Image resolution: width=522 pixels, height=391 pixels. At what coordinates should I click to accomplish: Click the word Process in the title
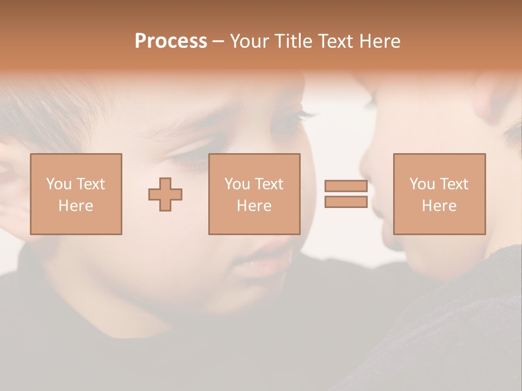[171, 41]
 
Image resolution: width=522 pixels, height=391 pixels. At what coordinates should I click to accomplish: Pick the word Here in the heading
[381, 41]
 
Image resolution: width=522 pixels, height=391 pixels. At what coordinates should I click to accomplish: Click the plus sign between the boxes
[165, 194]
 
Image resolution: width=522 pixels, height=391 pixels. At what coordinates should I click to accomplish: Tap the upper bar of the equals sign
[346, 186]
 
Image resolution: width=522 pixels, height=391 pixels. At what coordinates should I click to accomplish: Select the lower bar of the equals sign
[346, 201]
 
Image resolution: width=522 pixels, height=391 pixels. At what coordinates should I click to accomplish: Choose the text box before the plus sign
[76, 194]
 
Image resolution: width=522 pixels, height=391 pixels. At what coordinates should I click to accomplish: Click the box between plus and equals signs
[254, 194]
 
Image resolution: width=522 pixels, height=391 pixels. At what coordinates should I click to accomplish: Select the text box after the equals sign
[439, 194]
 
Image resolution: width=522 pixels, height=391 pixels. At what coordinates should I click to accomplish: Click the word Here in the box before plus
[76, 206]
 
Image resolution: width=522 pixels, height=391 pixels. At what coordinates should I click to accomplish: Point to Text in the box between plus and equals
[269, 184]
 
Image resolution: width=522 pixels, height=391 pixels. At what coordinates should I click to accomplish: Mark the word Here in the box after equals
[439, 206]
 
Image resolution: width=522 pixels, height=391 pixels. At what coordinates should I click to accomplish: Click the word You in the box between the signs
[237, 184]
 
